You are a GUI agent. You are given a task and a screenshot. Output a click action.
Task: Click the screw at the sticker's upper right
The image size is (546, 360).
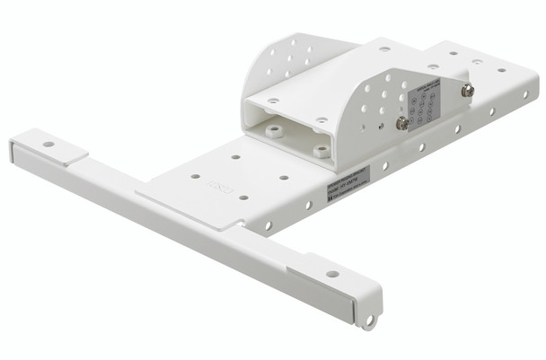467,90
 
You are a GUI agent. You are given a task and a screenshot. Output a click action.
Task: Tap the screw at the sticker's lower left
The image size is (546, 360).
403,123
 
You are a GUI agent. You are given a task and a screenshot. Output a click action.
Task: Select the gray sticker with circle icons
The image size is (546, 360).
434,104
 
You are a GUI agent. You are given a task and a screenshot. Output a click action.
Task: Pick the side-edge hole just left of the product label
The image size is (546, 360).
308,205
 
